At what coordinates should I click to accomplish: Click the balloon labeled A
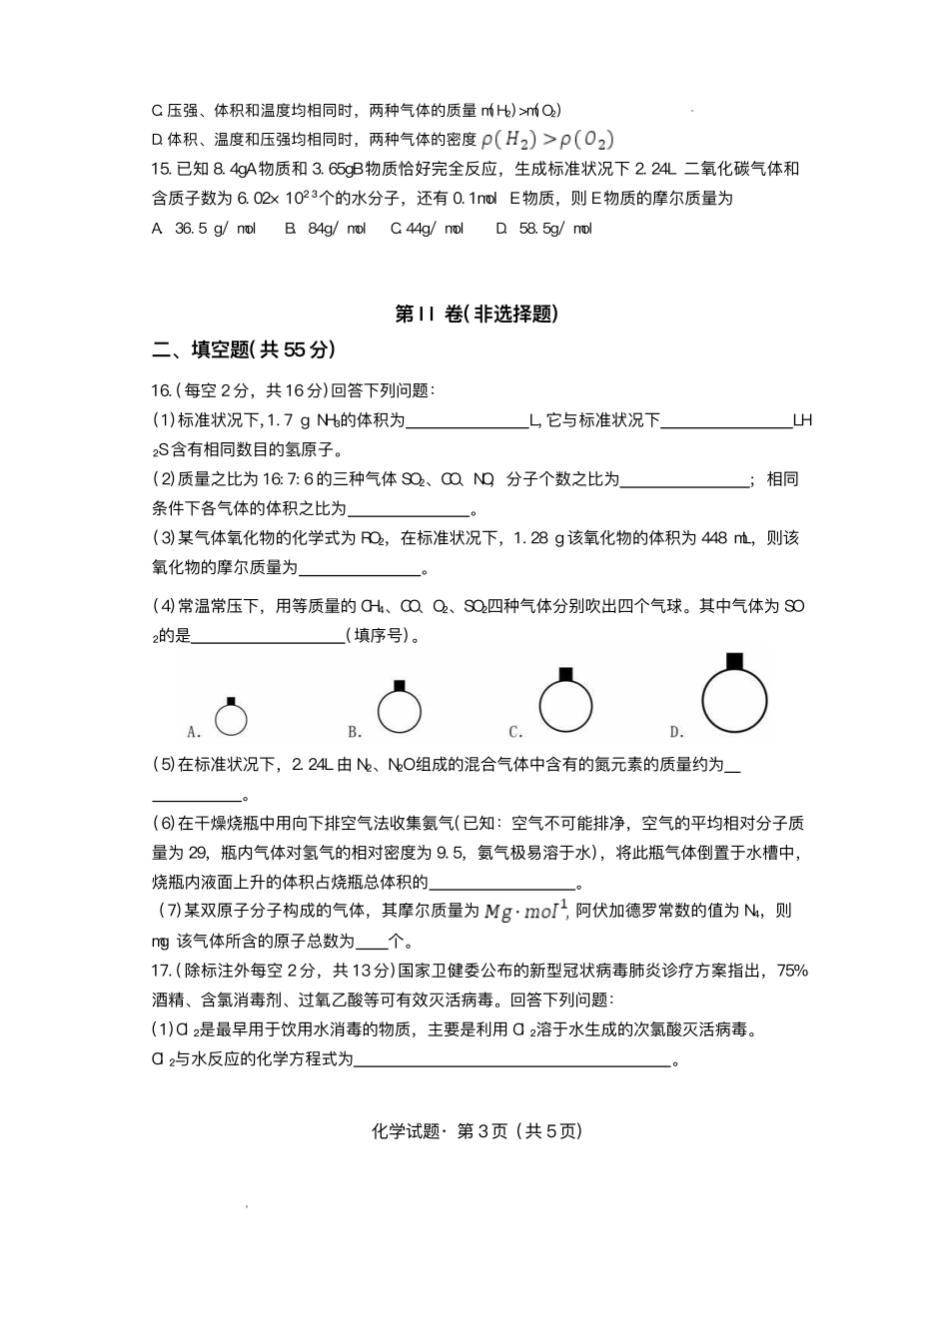coord(231,719)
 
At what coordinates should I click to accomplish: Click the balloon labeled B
coord(399,712)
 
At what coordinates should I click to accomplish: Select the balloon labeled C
coord(566,705)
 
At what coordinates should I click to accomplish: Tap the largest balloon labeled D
coord(734,700)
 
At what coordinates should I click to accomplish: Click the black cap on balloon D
coord(734,660)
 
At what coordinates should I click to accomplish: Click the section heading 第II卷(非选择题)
coord(475,314)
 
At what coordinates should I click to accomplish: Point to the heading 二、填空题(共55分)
coord(243,349)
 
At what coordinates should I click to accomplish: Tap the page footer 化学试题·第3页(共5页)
coord(475,1130)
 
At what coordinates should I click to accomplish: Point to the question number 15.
coord(161,169)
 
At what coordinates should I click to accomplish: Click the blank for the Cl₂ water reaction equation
coord(512,1059)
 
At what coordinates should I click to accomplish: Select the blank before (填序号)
coord(267,636)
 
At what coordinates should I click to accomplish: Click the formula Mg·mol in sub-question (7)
coord(525,911)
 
